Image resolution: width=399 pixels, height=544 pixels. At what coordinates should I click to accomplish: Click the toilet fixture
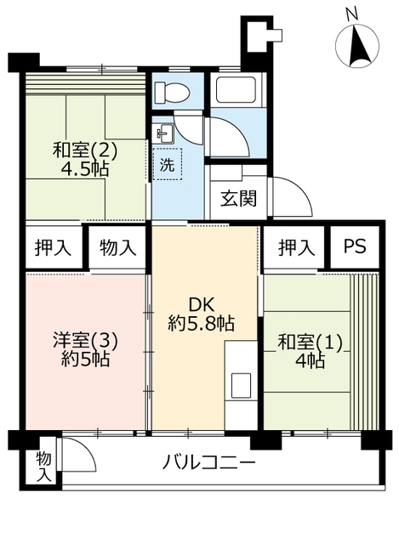click(172, 93)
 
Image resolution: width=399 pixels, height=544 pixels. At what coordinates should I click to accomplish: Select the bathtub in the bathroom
click(236, 89)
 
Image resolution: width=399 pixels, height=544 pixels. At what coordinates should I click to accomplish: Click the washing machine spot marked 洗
click(167, 164)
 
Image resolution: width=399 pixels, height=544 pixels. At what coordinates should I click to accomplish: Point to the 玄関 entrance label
click(239, 199)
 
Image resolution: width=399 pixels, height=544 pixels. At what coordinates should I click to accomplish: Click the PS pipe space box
click(354, 246)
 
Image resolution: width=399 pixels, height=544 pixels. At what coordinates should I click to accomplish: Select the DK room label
click(202, 305)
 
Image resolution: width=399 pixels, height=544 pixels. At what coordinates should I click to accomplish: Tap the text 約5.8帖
click(202, 324)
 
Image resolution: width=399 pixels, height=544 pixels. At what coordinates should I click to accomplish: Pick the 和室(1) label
click(311, 343)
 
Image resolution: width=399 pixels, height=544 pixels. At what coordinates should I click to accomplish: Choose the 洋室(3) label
click(85, 340)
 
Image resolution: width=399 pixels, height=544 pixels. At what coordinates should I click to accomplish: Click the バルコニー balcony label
click(209, 462)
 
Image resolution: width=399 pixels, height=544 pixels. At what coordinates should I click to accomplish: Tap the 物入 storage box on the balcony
click(43, 467)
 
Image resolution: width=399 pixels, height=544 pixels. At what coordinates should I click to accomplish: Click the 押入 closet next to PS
click(296, 247)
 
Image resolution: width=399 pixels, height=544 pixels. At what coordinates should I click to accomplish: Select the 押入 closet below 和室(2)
click(53, 247)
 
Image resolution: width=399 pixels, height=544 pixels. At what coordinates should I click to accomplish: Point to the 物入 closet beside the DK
click(117, 247)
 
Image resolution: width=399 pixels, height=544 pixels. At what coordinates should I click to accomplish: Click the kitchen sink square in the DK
click(241, 385)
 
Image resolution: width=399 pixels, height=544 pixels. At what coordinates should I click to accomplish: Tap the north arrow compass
click(357, 46)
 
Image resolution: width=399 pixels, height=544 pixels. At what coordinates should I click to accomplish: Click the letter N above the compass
click(351, 14)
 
